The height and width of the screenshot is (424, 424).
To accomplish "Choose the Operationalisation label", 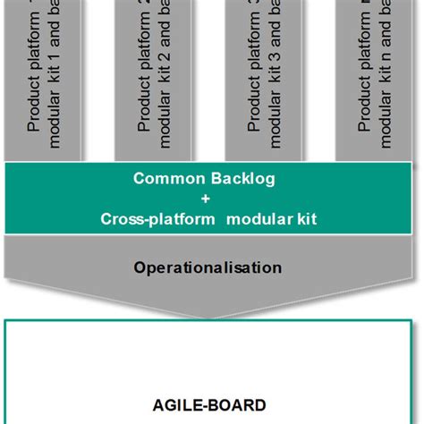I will [208, 267].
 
